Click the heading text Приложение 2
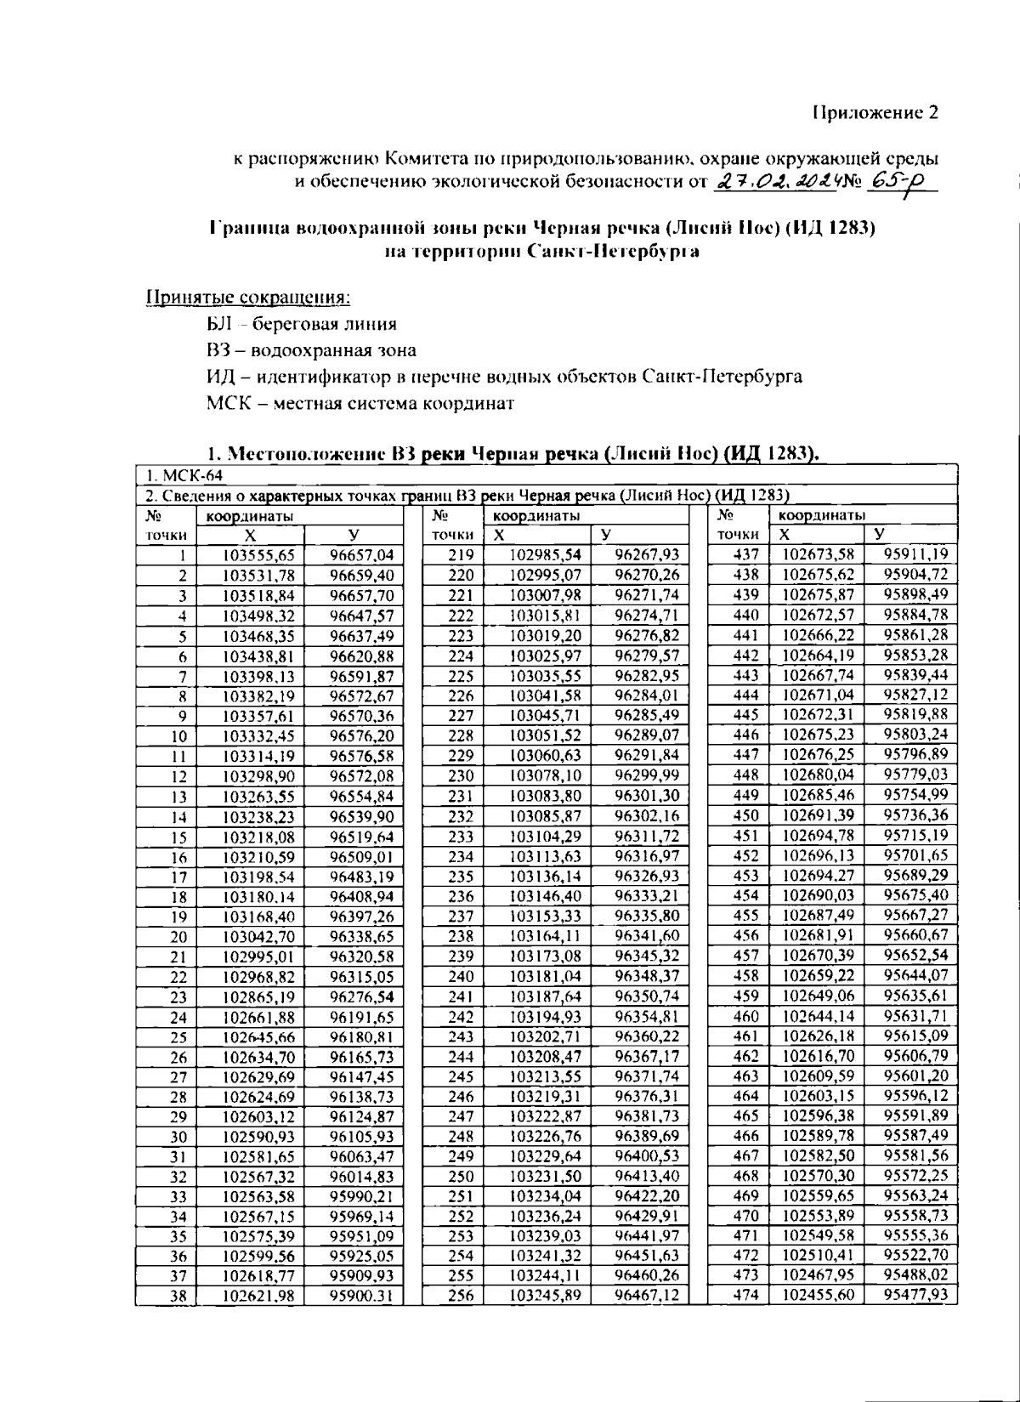[x=875, y=113]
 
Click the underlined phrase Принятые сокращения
[x=249, y=298]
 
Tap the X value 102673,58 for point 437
[x=818, y=554]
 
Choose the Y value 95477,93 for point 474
[x=915, y=1294]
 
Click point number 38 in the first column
[x=178, y=1297]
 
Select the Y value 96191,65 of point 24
[x=361, y=1017]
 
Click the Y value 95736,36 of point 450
[x=915, y=815]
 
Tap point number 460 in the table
[x=745, y=1016]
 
